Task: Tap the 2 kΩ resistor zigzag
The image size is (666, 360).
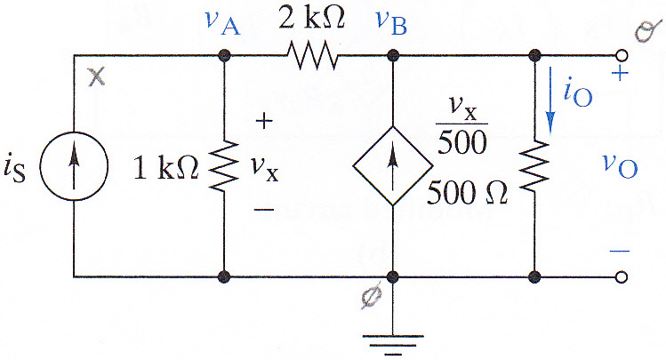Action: (x=313, y=55)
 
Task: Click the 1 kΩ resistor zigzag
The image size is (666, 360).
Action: (x=224, y=165)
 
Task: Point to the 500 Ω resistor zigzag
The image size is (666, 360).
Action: (x=534, y=165)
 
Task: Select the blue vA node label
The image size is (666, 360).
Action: (x=222, y=22)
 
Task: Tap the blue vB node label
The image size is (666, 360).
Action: (x=391, y=22)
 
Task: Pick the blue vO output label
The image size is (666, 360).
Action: (x=620, y=166)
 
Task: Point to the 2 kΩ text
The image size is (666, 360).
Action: (x=311, y=18)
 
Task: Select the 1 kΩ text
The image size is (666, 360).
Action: (x=165, y=167)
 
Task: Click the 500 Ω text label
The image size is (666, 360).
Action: (x=467, y=192)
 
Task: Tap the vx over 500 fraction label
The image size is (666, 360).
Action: (x=462, y=126)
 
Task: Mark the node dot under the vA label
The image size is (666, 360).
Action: (x=224, y=55)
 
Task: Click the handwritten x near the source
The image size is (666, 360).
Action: (x=97, y=77)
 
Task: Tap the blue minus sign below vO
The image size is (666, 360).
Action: (x=620, y=252)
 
